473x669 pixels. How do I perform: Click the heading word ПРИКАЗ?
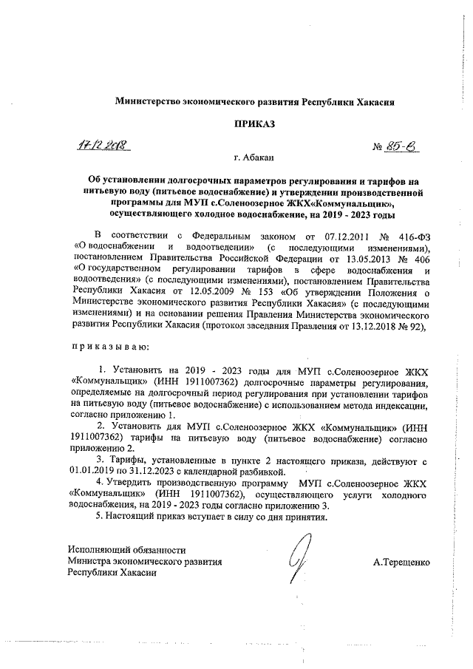click(x=254, y=126)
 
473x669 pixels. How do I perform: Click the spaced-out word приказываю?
click(x=110, y=347)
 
